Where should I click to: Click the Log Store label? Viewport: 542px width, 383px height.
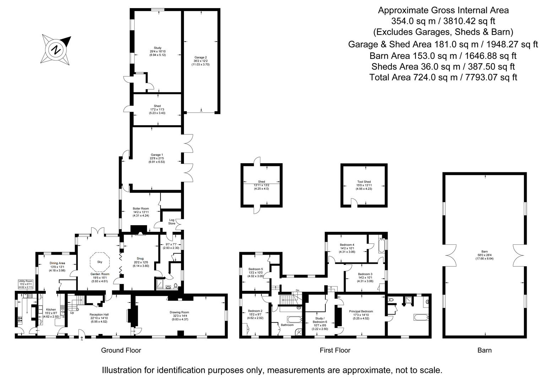pos(172,222)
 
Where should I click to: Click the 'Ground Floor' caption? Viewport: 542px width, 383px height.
pos(121,350)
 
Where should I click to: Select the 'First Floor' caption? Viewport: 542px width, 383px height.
pos(335,350)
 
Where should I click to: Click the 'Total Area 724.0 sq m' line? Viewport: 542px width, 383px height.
pos(443,77)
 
